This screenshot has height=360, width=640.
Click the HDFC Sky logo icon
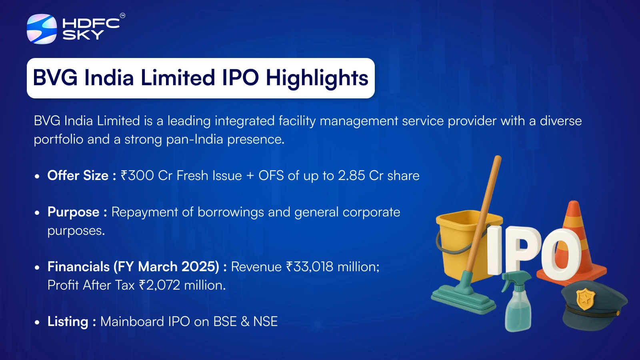click(42, 29)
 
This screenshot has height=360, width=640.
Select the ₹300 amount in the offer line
click(138, 176)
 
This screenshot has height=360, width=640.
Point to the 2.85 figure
click(352, 176)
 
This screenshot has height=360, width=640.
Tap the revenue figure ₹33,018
click(310, 267)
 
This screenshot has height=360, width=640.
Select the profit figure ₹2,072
click(160, 285)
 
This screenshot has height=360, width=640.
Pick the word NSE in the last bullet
click(266, 322)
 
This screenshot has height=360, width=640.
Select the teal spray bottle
click(518, 303)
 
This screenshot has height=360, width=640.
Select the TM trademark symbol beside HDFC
click(122, 16)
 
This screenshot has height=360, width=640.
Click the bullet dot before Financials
click(37, 268)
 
